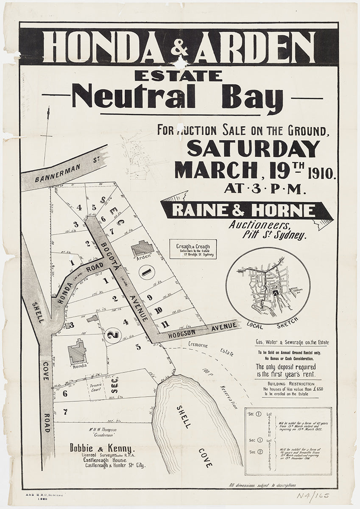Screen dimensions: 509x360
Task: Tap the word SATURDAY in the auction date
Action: (x=253, y=148)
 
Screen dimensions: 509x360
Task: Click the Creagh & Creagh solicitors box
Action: (x=193, y=249)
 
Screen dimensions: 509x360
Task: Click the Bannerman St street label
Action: (x=64, y=167)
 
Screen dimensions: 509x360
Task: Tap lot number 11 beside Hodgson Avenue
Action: (x=165, y=324)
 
